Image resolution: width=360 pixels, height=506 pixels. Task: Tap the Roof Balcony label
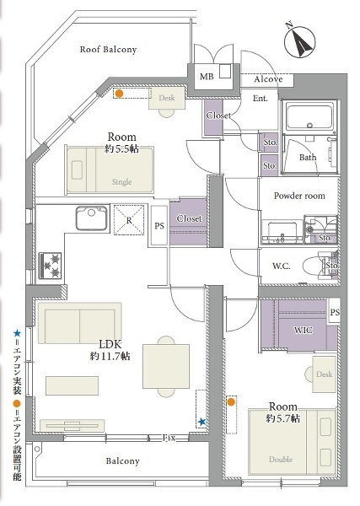pos(108,50)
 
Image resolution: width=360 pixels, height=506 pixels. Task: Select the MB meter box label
pos(207,77)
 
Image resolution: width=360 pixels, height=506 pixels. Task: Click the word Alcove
pos(268,79)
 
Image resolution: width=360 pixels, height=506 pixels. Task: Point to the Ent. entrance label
pos(261,99)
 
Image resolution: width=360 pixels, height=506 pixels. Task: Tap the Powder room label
pos(299,195)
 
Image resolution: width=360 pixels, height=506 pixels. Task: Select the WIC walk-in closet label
pos(303,330)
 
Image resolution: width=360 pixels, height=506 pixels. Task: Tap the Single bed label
pos(121,181)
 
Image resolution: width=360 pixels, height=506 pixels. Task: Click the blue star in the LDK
pos(201,421)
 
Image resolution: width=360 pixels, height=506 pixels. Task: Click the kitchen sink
pos(89,219)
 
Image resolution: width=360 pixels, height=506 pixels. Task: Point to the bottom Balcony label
pos(122,461)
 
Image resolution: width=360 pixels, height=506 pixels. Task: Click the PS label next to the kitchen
pos(159,227)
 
